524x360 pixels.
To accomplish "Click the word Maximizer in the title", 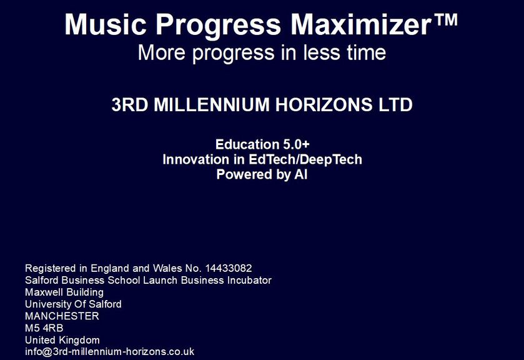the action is click(x=362, y=24).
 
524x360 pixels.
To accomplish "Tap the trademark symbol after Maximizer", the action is click(x=446, y=19).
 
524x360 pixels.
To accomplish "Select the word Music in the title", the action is click(x=106, y=24).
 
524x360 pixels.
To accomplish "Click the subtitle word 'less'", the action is click(x=321, y=52).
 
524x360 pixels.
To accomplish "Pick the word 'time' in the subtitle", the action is click(x=366, y=52).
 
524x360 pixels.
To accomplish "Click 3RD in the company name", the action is click(x=130, y=104).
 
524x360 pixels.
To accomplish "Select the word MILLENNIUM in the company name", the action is click(x=212, y=104).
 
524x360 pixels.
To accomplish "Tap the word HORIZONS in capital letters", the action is click(x=324, y=104).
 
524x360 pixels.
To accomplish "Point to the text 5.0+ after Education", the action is click(x=297, y=144).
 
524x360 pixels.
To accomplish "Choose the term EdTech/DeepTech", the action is click(x=305, y=159).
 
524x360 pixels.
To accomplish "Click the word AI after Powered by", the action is click(x=301, y=174).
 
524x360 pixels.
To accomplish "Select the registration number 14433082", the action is click(x=229, y=268).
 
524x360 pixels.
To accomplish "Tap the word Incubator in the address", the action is click(x=249, y=280).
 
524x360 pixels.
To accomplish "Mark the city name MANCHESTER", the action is click(x=62, y=316).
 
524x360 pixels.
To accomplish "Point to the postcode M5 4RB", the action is click(x=44, y=328).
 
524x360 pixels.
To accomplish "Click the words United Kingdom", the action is click(x=62, y=340).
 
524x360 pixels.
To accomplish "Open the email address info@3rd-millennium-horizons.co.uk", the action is click(x=110, y=352).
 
